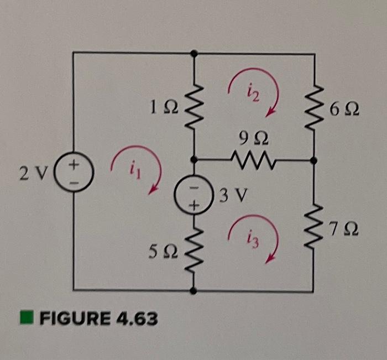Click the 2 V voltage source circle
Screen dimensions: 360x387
74,173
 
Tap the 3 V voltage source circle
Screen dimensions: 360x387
193,195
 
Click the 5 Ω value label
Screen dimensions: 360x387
163,253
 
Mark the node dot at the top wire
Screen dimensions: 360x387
193,54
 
